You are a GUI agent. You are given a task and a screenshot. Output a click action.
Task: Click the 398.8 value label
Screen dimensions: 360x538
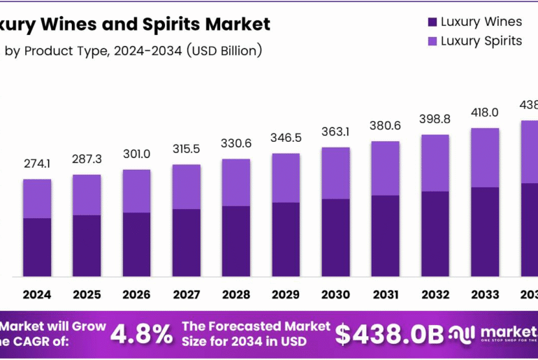point(434,120)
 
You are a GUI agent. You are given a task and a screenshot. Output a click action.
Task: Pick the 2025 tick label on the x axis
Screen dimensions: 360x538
point(86,295)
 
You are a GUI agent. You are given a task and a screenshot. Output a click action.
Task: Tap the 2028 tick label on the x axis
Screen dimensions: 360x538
point(235,295)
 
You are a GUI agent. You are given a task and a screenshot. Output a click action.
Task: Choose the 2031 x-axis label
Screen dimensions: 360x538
point(384,295)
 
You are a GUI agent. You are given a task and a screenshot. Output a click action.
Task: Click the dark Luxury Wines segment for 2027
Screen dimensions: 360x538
point(186,242)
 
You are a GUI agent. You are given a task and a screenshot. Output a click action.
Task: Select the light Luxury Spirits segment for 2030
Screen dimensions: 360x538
point(335,173)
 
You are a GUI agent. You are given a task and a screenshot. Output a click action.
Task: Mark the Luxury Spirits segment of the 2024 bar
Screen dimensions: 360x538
point(36,199)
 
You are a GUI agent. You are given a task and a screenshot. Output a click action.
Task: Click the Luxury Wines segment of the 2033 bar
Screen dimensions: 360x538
point(484,231)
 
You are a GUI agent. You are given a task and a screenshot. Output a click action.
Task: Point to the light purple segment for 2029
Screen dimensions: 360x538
point(285,178)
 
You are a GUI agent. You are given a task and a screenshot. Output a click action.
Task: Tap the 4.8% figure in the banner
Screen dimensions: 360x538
point(142,334)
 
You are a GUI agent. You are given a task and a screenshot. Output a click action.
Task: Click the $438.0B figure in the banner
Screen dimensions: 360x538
point(388,334)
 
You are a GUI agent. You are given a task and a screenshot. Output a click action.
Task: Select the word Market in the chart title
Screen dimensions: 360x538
point(236,24)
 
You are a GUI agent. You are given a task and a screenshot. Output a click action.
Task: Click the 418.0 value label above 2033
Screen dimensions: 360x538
point(484,113)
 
